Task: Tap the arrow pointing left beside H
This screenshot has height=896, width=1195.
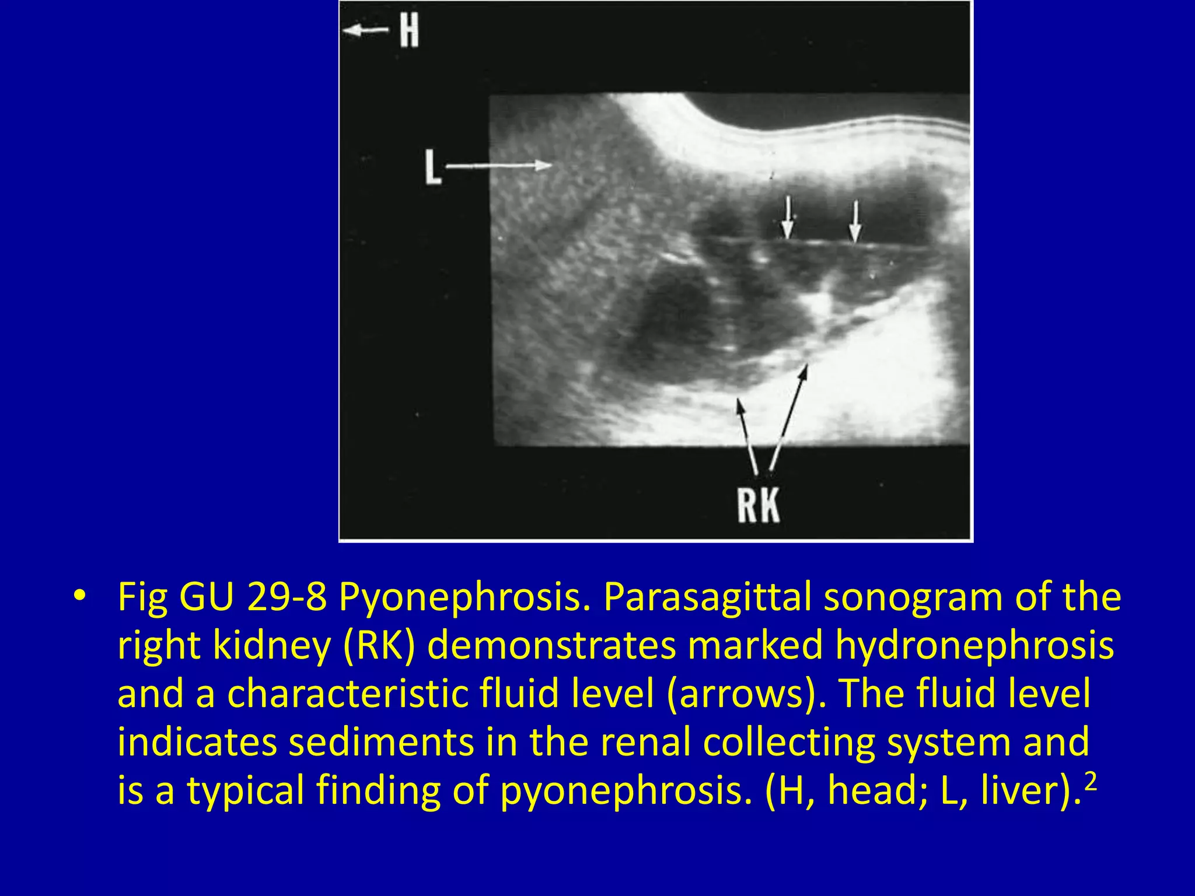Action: point(366,30)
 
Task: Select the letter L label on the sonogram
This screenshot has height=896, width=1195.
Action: point(432,167)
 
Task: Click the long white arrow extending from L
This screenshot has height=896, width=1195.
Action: point(499,166)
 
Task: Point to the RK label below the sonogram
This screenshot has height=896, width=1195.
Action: point(758,505)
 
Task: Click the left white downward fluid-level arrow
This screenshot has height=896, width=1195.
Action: point(788,218)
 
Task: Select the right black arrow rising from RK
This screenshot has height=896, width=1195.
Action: point(789,416)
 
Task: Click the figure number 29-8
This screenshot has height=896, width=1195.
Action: point(287,597)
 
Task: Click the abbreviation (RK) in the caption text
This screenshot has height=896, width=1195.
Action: point(379,646)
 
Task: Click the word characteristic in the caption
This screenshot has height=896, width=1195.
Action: point(348,694)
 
